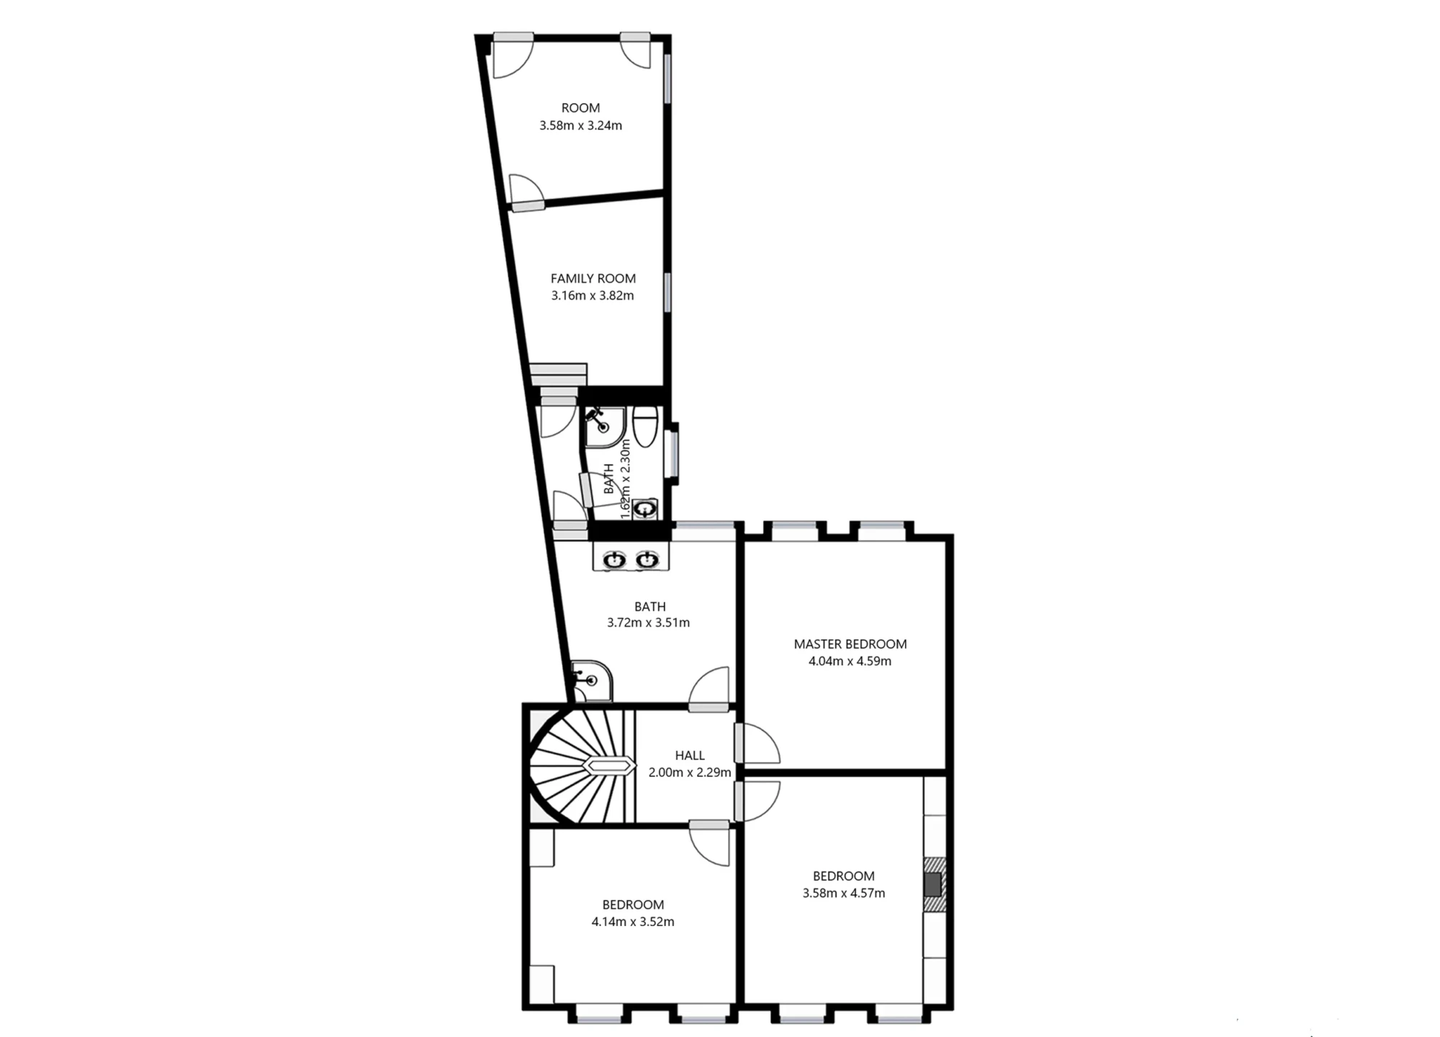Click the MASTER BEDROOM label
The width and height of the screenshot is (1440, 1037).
[850, 644]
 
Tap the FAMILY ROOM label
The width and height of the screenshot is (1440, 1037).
[593, 278]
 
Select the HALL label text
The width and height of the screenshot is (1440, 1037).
[689, 755]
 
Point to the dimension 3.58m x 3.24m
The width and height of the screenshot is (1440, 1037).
[580, 125]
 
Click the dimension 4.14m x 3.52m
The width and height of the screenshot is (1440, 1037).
[632, 922]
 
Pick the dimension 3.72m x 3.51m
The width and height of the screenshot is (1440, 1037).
[648, 623]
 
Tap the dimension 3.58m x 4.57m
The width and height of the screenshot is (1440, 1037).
[843, 893]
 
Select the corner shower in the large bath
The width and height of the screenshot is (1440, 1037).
[592, 680]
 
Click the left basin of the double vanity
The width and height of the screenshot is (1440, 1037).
[613, 559]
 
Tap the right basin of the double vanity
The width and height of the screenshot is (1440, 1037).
[647, 559]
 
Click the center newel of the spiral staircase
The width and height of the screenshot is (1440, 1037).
[608, 766]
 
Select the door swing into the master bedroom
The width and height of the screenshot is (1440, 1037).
[760, 745]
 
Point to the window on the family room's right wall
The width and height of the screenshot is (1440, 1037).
[667, 292]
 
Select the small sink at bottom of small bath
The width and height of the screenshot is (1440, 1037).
[646, 508]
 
